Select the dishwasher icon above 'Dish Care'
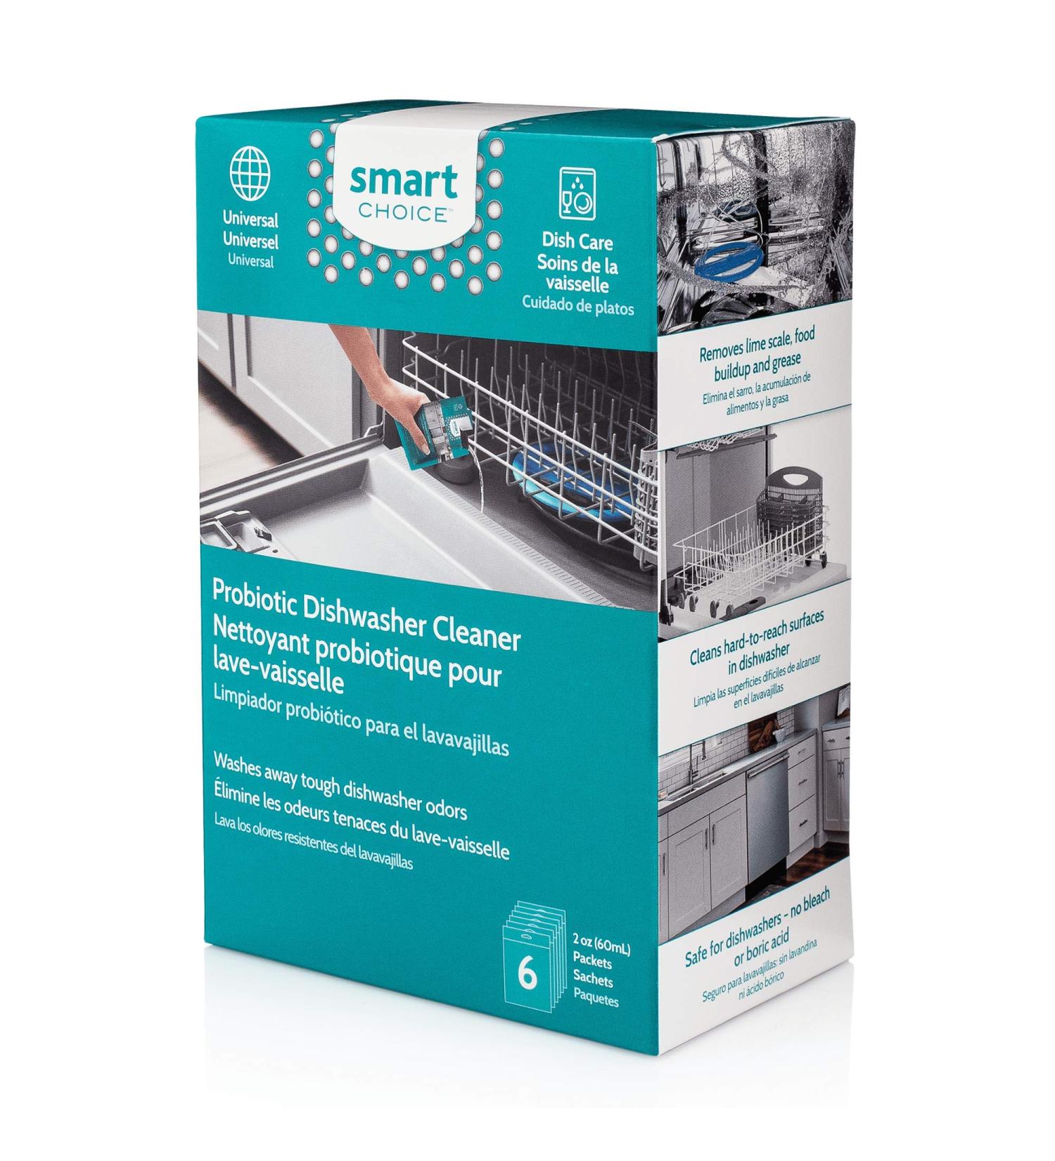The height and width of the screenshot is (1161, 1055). tap(576, 193)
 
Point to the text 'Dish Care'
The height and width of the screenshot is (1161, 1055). tap(577, 243)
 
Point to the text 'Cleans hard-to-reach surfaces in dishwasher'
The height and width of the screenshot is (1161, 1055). tap(756, 639)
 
